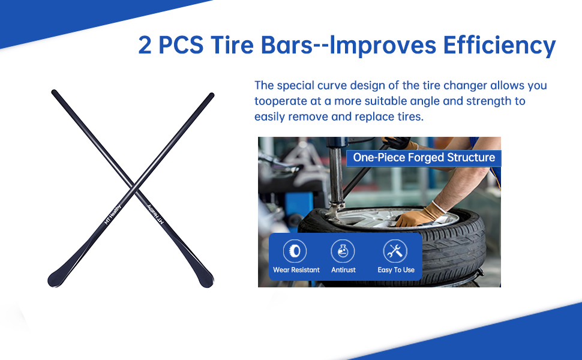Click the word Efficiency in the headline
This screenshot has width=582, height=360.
click(499, 46)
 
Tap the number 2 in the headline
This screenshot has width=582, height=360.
click(145, 46)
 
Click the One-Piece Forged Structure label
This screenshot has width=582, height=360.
click(424, 158)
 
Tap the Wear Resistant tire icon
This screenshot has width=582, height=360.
click(295, 251)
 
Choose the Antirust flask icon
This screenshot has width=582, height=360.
click(343, 251)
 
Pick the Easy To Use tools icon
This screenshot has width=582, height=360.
click(395, 251)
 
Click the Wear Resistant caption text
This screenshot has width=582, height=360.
click(296, 270)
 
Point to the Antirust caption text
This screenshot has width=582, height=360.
click(343, 270)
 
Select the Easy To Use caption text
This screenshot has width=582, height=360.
click(396, 270)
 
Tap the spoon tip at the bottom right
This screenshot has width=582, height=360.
click(206, 281)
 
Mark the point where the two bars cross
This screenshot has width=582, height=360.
click(135, 187)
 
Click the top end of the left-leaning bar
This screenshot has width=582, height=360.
click(54, 92)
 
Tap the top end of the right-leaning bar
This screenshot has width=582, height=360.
click(212, 95)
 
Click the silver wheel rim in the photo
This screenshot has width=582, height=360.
click(386, 217)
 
